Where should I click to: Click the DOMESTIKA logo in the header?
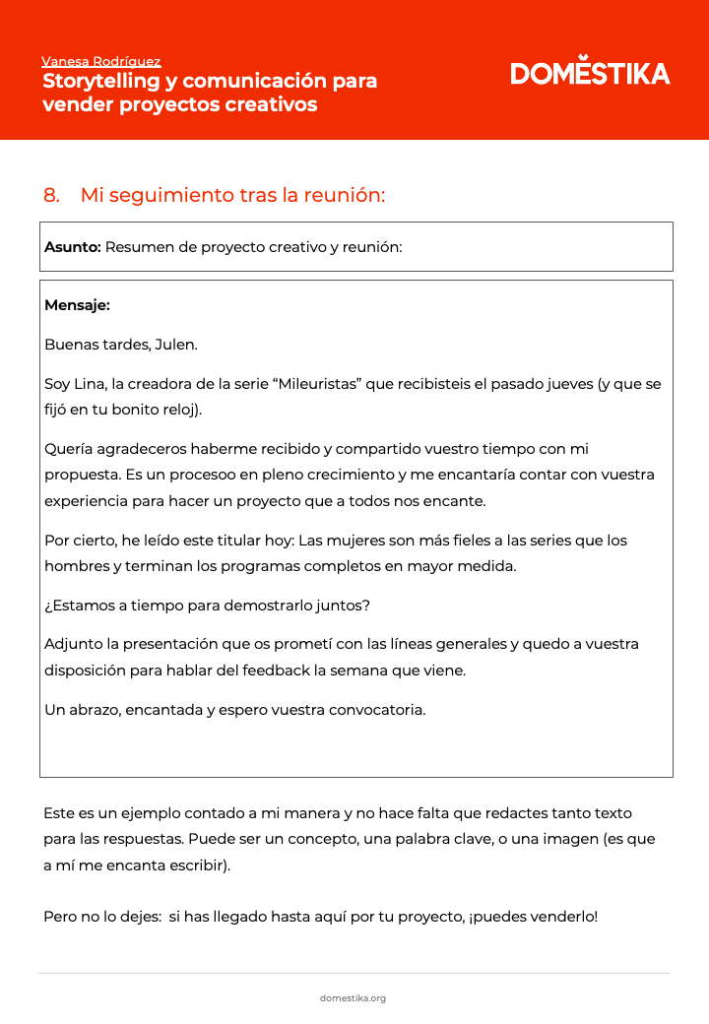(590, 73)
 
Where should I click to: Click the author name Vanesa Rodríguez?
(101, 61)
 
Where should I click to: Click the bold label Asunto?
(72, 247)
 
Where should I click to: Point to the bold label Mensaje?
(77, 305)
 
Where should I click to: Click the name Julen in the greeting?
(175, 345)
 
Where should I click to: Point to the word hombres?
(77, 566)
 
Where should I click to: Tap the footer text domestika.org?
(353, 998)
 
